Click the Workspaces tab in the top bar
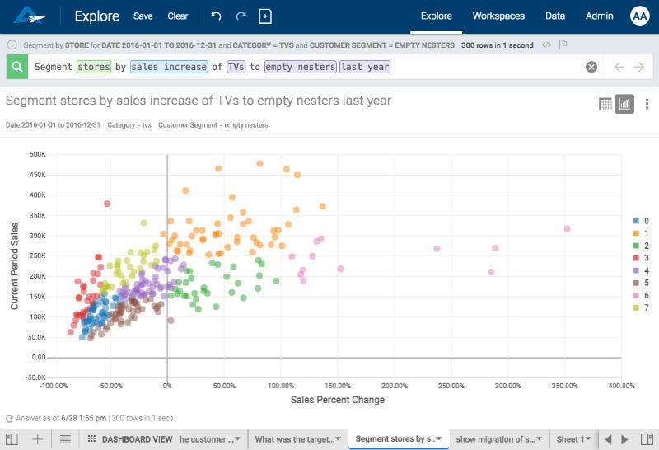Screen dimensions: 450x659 click(x=498, y=16)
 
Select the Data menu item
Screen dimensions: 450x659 click(x=555, y=16)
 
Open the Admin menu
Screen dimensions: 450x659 click(x=599, y=16)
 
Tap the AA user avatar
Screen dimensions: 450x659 click(x=639, y=16)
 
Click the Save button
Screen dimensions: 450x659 click(x=143, y=16)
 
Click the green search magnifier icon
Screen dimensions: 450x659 click(x=16, y=67)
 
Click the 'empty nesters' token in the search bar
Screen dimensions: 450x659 click(x=300, y=67)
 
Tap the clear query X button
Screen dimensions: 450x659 click(x=591, y=67)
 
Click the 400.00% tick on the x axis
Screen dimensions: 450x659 click(x=621, y=385)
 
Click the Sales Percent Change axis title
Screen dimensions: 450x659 click(x=338, y=400)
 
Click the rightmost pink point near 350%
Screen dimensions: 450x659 click(x=567, y=228)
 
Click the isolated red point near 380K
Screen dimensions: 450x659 click(x=106, y=203)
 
